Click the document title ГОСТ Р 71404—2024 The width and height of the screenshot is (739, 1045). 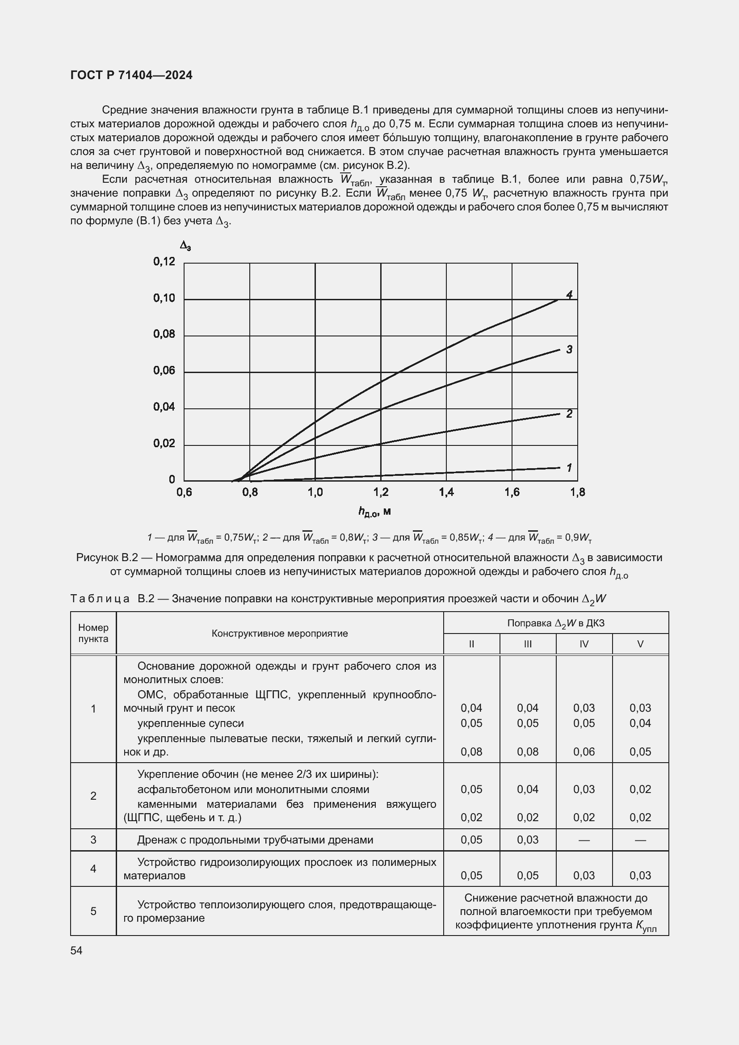[131, 75]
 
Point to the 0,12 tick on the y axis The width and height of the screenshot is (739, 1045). [164, 262]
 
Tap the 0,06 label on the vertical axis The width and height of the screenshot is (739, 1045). [164, 370]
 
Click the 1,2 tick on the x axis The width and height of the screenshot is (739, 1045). [380, 492]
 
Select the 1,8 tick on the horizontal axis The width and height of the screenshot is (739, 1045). [577, 492]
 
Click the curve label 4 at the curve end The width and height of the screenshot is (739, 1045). [569, 295]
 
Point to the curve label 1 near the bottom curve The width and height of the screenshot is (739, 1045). [569, 467]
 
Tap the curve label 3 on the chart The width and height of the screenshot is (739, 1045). [569, 349]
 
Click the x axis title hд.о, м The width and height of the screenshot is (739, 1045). [374, 512]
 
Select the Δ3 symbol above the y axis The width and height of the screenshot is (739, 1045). [185, 246]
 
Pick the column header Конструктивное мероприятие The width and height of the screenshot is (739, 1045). [279, 634]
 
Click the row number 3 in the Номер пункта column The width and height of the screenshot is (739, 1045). [93, 840]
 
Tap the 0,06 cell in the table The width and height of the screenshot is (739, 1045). [584, 752]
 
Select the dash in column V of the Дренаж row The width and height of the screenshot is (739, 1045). [640, 840]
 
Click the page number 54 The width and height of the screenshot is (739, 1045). [76, 951]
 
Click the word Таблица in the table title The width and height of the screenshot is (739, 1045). [100, 599]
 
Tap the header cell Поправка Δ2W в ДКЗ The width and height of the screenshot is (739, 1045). [556, 623]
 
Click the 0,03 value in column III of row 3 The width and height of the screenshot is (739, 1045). [527, 840]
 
